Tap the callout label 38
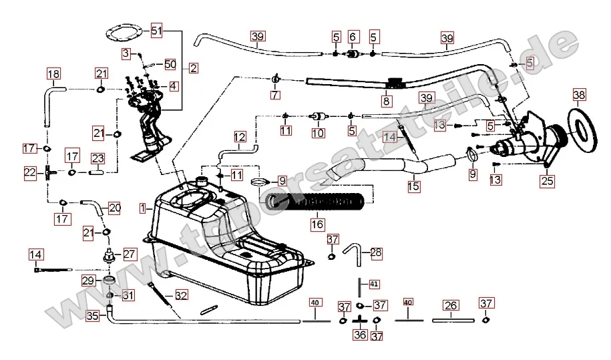(579, 95)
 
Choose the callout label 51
(156, 31)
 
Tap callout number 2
(193, 67)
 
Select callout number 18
(53, 73)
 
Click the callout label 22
(30, 173)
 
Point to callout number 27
(129, 254)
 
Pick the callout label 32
(182, 295)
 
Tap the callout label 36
(360, 335)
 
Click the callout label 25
(548, 180)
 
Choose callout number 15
(414, 188)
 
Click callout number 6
(353, 36)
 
